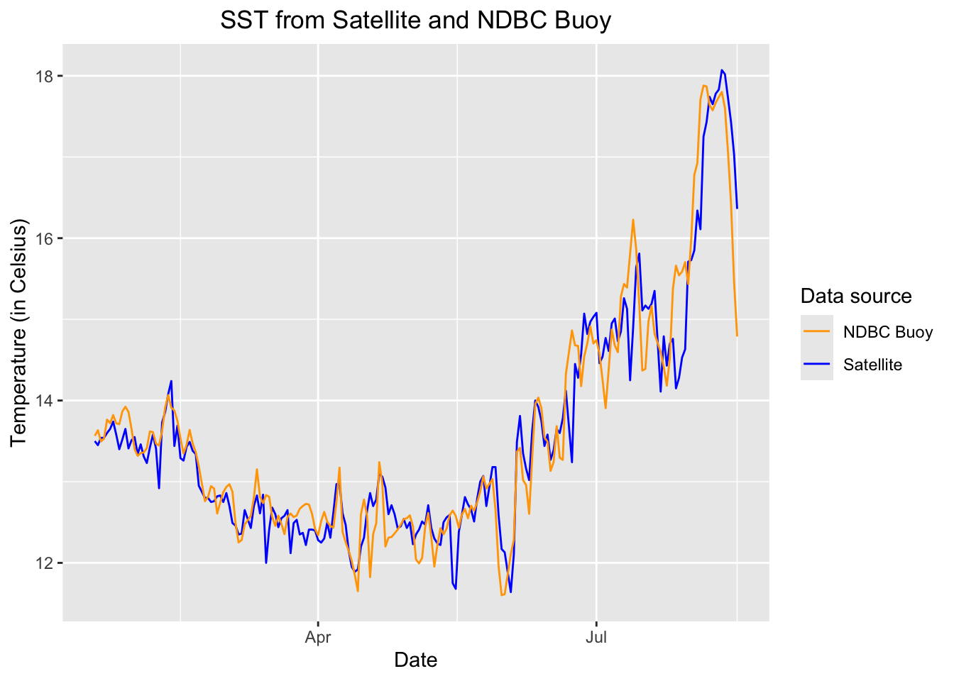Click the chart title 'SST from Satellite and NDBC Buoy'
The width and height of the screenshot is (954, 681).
point(415,21)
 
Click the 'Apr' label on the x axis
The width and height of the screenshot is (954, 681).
point(318,637)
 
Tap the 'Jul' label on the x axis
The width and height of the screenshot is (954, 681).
point(596,637)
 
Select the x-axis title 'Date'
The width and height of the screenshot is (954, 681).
point(415,660)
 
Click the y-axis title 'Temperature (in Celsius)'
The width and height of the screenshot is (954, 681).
point(18,333)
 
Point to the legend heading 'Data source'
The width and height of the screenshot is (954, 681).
point(855,296)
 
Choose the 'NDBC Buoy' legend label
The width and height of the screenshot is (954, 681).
point(887,332)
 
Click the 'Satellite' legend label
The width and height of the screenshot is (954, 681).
point(872,365)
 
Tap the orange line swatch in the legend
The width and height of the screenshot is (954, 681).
point(816,331)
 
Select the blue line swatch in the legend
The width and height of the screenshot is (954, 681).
point(816,364)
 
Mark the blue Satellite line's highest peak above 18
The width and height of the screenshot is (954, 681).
point(722,70)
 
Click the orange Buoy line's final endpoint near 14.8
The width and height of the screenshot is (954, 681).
point(737,335)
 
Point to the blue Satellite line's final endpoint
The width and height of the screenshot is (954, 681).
point(737,208)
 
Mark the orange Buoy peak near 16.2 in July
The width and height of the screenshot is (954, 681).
point(632,220)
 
